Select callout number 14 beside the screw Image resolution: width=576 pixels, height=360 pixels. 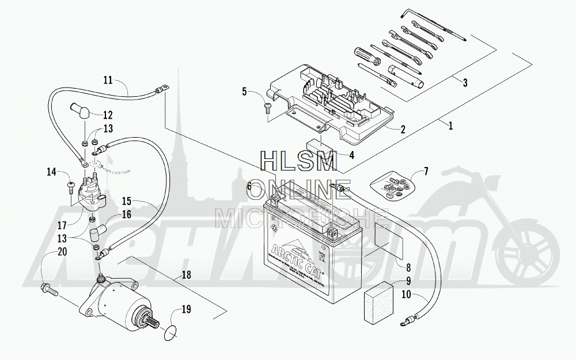point(51,172)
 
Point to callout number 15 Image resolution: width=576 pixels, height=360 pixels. point(127,202)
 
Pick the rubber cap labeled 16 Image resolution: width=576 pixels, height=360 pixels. point(94,233)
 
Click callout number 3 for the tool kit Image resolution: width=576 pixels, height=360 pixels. point(464,82)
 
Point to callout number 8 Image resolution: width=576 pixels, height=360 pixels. point(407,267)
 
